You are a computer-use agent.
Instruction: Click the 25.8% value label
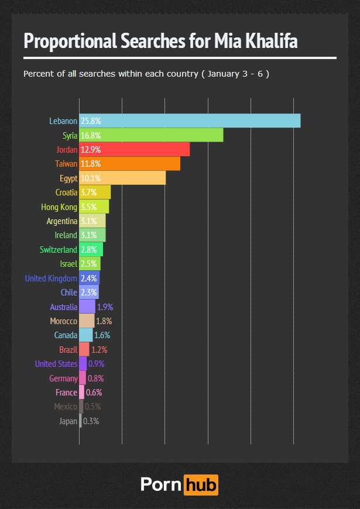point(91,121)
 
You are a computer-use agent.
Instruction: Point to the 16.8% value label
point(91,135)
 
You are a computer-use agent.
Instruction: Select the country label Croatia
point(66,192)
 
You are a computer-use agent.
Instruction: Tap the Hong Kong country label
point(59,207)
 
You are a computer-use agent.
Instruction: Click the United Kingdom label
point(51,278)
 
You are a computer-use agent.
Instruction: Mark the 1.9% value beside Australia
point(105,307)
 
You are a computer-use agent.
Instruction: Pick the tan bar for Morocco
point(87,321)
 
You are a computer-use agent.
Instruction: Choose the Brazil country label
point(68,350)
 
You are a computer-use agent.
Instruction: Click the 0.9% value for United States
point(96,364)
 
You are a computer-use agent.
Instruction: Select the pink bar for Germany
point(83,378)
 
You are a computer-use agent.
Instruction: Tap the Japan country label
point(68,421)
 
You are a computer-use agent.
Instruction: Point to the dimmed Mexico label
point(66,407)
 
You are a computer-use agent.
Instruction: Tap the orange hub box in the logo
point(201,485)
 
